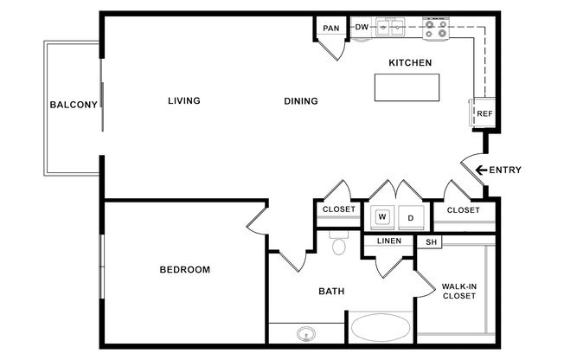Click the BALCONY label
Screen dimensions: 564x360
(74, 105)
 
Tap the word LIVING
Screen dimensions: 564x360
(184, 100)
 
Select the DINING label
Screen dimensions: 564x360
(301, 101)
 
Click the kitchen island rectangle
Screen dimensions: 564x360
(407, 87)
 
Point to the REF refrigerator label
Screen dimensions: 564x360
(484, 113)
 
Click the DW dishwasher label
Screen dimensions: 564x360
(362, 27)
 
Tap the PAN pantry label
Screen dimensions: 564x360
(331, 28)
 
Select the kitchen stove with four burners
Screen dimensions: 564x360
(436, 29)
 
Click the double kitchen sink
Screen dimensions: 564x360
(390, 27)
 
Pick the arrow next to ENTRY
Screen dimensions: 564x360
(481, 170)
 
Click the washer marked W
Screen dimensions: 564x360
(382, 216)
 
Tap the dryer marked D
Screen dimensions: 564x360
(411, 218)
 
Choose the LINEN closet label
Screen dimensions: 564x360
(389, 241)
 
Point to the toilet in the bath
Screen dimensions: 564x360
(339, 243)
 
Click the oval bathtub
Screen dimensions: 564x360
(381, 328)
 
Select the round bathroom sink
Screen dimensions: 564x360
(306, 334)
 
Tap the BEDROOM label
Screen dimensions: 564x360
(185, 270)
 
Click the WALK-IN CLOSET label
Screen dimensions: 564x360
(459, 292)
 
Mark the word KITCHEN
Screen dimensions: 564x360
(410, 62)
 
